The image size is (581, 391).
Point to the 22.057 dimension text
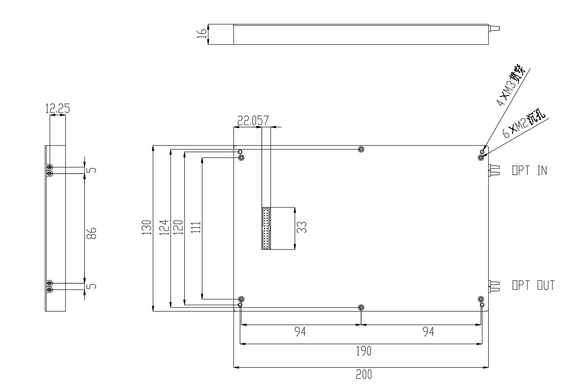(250, 120)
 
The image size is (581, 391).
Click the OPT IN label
(529, 170)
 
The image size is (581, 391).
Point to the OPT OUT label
(533, 286)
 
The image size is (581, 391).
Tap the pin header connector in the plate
(266, 228)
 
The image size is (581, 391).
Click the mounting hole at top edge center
(361, 149)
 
